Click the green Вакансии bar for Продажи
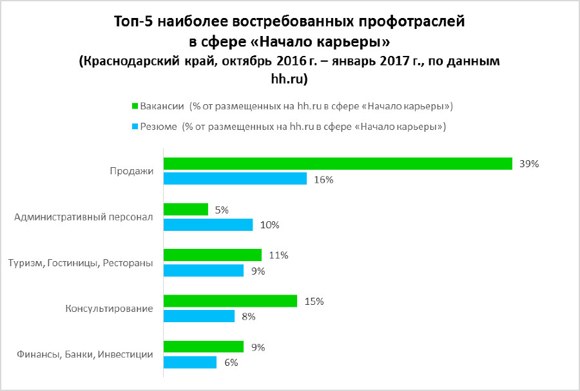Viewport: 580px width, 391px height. click(x=338, y=164)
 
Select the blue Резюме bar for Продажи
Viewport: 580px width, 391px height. click(x=235, y=179)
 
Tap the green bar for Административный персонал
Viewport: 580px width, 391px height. click(x=186, y=210)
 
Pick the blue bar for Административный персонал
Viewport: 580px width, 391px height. click(x=208, y=224)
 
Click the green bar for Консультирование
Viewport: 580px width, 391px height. click(x=231, y=301)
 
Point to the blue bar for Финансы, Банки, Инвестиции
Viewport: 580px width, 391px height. click(x=190, y=362)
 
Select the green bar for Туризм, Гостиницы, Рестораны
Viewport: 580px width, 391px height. click(x=213, y=255)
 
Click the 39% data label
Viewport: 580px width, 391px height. click(x=528, y=164)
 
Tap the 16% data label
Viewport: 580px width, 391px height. click(x=324, y=179)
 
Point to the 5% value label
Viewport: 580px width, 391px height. click(x=222, y=210)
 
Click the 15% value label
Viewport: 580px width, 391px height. click(x=314, y=301)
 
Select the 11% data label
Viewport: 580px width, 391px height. click(x=278, y=255)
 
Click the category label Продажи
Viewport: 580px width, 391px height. click(x=131, y=172)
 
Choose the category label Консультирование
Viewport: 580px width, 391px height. click(x=109, y=309)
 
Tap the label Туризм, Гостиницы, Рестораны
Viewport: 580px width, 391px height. click(x=80, y=263)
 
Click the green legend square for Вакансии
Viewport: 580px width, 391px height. click(x=135, y=105)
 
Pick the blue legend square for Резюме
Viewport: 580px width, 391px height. click(x=135, y=127)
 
